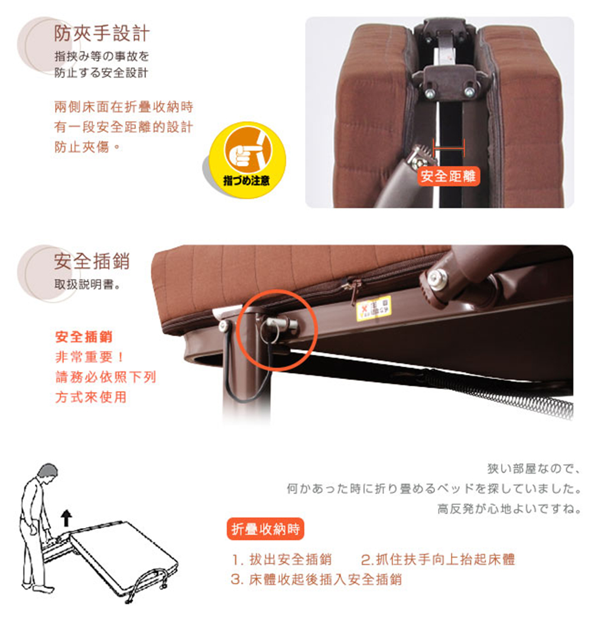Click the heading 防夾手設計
click(x=101, y=33)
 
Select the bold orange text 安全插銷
click(x=83, y=337)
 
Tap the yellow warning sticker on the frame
click(x=374, y=308)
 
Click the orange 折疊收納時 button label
click(x=265, y=529)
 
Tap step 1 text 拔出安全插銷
click(x=282, y=559)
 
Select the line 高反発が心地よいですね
click(x=509, y=508)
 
